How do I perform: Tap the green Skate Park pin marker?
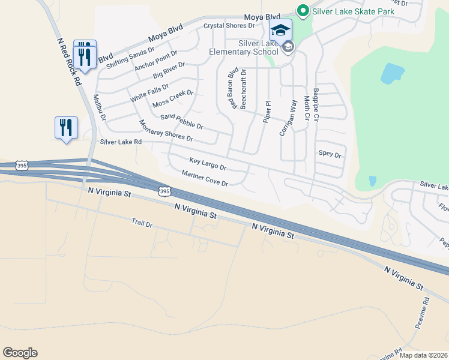[x=303, y=10]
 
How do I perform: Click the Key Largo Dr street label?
[x=208, y=164]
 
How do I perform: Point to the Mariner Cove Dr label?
[x=205, y=178]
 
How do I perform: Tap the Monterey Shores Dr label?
[x=166, y=131]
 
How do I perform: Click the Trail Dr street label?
[x=142, y=223]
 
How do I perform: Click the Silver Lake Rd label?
[x=121, y=142]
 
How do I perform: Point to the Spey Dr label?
[x=330, y=154]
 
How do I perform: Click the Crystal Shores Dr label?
[x=229, y=26]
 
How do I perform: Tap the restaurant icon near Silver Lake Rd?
[x=66, y=127]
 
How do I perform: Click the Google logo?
[x=20, y=353]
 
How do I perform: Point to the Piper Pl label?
[x=267, y=111]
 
